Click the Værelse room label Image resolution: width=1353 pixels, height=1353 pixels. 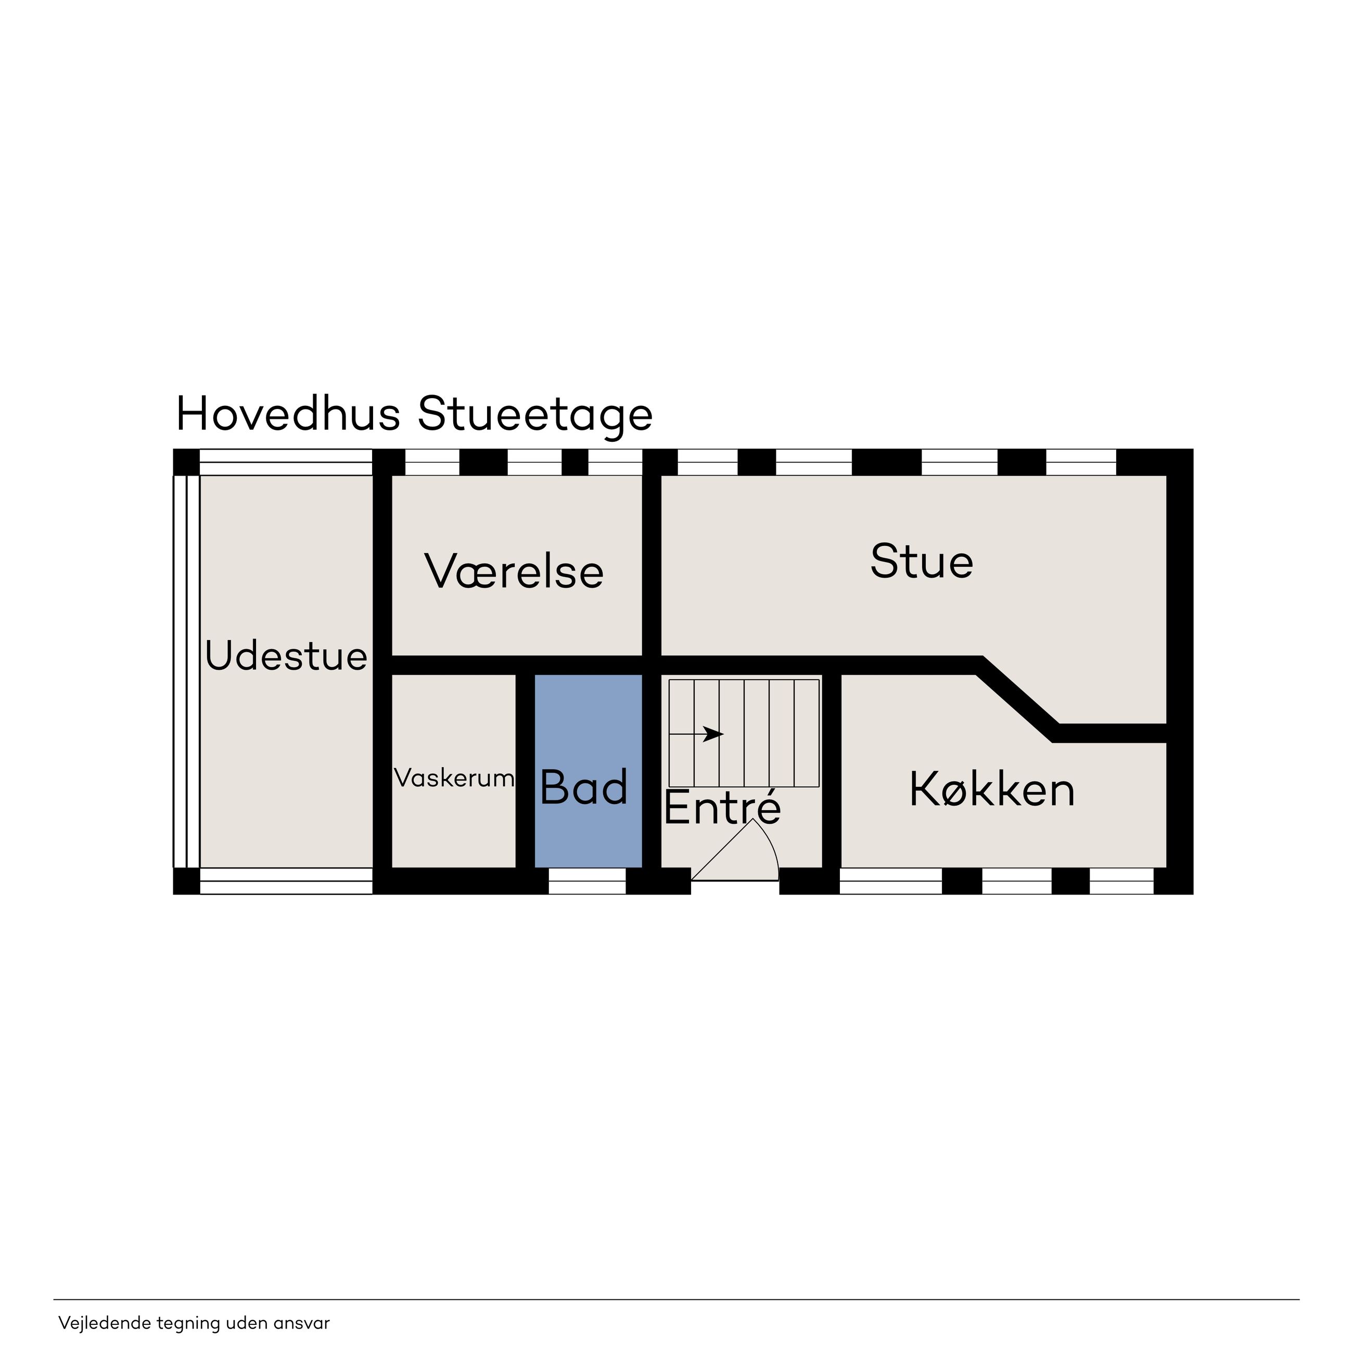[x=514, y=571]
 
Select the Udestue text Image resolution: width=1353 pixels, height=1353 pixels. [x=286, y=656]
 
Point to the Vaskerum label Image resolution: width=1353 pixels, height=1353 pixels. [x=454, y=777]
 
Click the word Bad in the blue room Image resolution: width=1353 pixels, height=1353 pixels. [x=584, y=787]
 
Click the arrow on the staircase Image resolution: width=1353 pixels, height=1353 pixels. [x=696, y=734]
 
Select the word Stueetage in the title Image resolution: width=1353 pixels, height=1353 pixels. [x=535, y=416]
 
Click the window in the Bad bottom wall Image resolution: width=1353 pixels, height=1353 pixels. [x=587, y=881]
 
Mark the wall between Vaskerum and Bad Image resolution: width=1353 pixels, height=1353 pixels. [x=525, y=770]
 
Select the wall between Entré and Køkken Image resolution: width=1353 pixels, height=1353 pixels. [x=831, y=770]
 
